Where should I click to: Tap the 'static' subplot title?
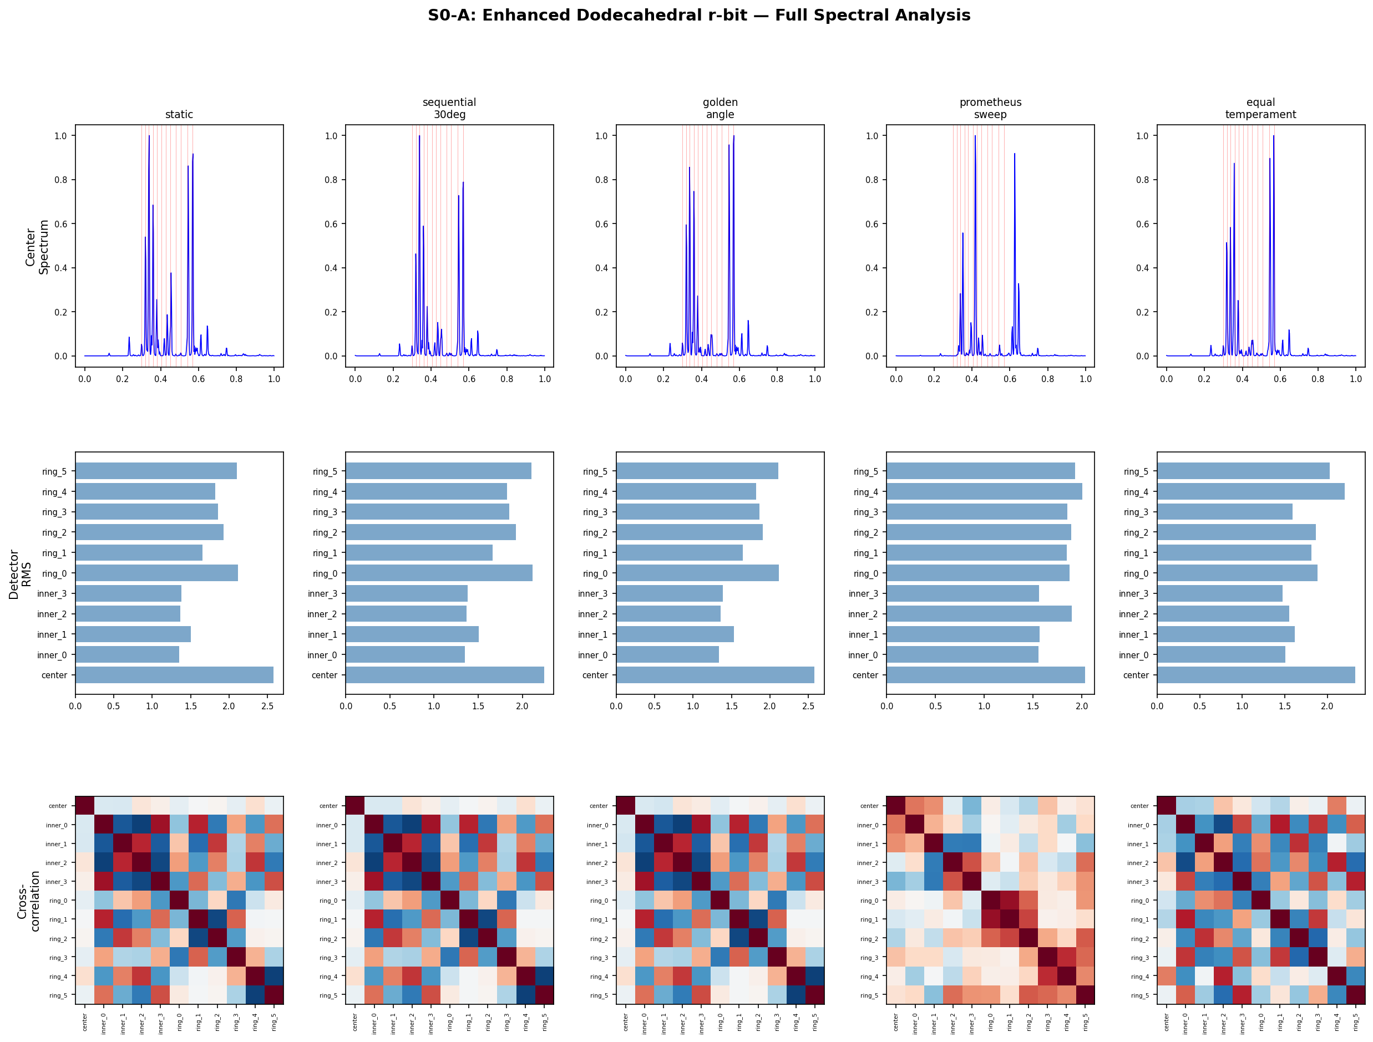pos(179,114)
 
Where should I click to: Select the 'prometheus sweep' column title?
pos(990,108)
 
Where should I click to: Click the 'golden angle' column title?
pos(720,108)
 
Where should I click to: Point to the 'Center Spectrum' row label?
pos(37,247)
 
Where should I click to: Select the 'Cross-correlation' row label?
pos(28,901)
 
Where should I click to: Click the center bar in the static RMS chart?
pos(174,675)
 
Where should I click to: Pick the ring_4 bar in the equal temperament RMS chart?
pos(1250,491)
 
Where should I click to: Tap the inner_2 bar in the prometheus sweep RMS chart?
pos(979,614)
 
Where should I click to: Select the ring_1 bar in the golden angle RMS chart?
pos(679,553)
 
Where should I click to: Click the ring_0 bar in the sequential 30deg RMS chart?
pos(439,573)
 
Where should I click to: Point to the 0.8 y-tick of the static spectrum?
pos(61,180)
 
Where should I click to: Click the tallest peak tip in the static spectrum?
pos(149,136)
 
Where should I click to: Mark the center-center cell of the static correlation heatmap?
pos(84,806)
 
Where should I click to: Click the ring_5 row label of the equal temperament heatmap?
pos(1139,995)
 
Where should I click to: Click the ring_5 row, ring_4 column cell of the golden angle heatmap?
pos(796,995)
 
